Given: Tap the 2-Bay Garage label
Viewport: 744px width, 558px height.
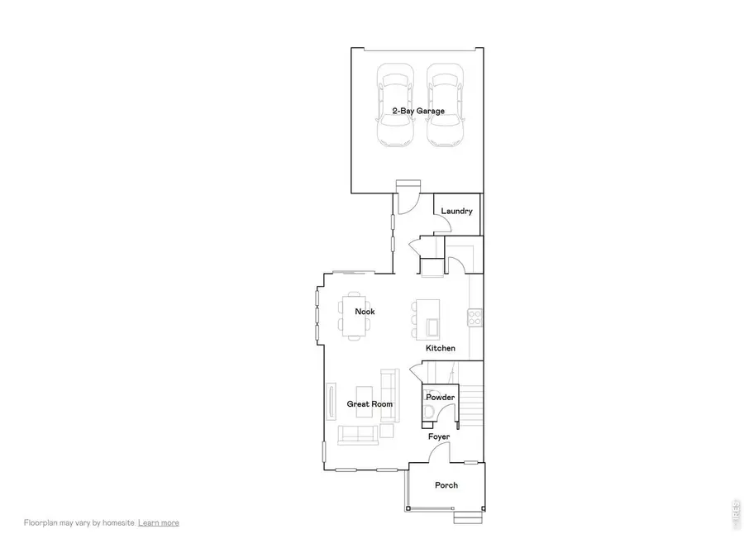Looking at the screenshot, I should pos(418,111).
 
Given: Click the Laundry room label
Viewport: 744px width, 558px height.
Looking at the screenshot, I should pos(456,212).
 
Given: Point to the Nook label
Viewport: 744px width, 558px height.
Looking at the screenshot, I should pos(365,312).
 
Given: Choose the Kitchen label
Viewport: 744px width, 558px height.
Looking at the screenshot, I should pos(441,349).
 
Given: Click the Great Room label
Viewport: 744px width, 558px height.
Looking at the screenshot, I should pos(370,404).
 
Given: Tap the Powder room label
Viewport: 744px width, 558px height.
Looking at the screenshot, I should pos(441,398).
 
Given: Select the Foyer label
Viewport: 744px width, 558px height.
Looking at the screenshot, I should pos(439,436).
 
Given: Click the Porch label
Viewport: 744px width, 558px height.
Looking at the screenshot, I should pos(446,485).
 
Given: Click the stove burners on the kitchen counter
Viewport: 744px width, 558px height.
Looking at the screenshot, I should pos(475,317).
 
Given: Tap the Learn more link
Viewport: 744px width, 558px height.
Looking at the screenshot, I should pos(159,522).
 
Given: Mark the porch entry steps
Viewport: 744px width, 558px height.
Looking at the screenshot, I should pos(468,518).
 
